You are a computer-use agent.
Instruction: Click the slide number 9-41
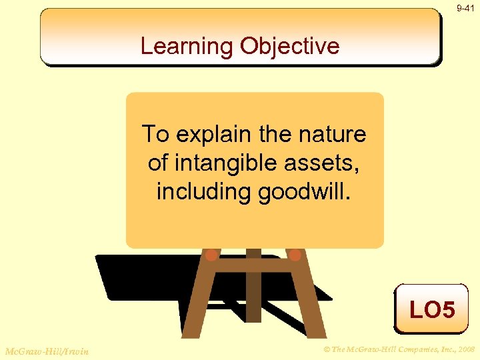(x=465, y=9)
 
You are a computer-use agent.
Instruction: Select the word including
(x=200, y=191)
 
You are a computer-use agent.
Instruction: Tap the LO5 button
(x=431, y=309)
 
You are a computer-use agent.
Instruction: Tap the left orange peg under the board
(x=211, y=255)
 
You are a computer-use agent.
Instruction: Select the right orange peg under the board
(x=295, y=255)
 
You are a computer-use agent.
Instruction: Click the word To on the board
(x=155, y=134)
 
